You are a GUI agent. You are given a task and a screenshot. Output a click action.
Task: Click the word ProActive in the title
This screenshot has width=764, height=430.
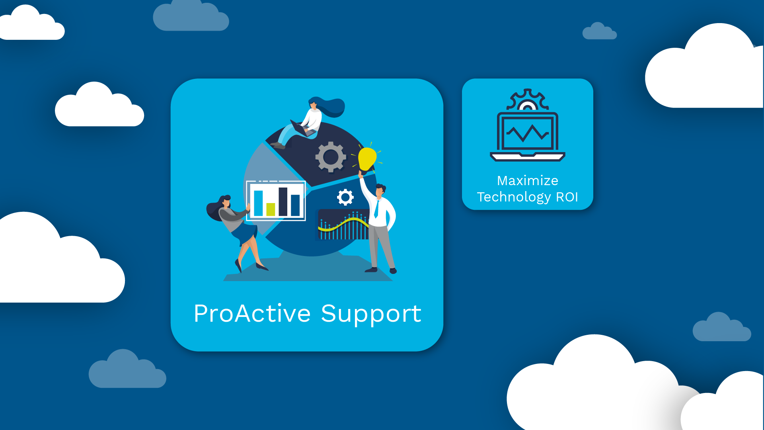252,313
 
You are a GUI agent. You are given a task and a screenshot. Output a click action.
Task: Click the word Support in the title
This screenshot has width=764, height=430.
371,314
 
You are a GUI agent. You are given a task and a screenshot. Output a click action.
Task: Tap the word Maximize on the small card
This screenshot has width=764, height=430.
527,181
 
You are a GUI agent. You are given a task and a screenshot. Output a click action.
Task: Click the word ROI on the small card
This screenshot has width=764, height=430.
567,197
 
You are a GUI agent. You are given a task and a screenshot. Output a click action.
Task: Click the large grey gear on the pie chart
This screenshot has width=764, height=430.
330,157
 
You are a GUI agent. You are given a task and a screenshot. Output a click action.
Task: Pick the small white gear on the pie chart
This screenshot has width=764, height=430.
345,197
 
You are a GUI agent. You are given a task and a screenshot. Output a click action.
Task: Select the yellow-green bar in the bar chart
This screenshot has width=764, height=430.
271,209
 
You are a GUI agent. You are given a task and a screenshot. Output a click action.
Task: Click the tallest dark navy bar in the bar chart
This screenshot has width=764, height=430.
283,201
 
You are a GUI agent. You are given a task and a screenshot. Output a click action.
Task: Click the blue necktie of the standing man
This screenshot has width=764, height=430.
376,209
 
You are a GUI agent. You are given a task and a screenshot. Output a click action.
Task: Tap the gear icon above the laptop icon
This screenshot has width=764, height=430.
527,100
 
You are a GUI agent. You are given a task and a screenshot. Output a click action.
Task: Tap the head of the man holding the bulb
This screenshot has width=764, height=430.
380,190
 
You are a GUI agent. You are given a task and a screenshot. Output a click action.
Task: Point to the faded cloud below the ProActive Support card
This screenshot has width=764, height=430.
127,370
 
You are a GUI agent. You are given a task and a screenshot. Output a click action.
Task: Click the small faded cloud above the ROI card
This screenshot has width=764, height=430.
599,31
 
